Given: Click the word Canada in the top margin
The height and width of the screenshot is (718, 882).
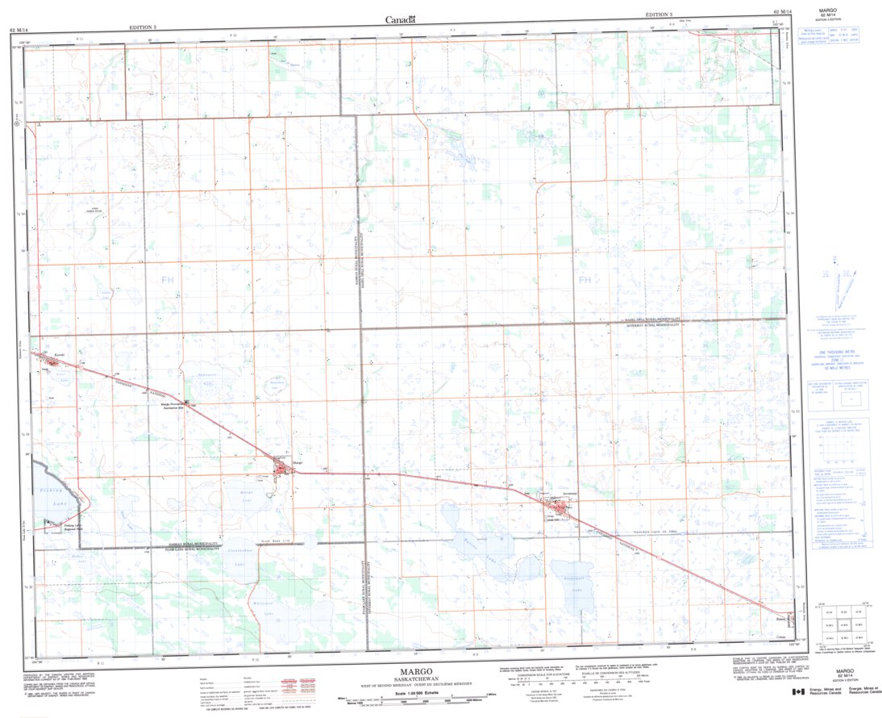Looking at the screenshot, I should [x=400, y=20].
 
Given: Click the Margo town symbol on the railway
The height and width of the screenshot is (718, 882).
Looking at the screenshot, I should [x=281, y=466].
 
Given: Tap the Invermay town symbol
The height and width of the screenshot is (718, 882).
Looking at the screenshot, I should [x=557, y=507].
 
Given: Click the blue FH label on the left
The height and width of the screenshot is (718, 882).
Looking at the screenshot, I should [x=167, y=280].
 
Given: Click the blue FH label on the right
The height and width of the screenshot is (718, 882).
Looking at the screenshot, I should [x=585, y=280].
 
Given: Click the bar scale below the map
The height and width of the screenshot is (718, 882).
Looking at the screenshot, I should [x=419, y=699].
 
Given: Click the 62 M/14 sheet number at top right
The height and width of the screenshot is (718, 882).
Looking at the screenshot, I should [x=782, y=12].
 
